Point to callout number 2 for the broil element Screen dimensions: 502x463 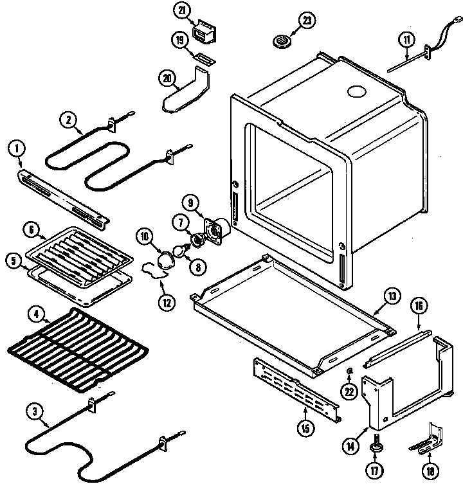tap(68, 119)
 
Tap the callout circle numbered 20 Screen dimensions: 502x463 tap(168, 78)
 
